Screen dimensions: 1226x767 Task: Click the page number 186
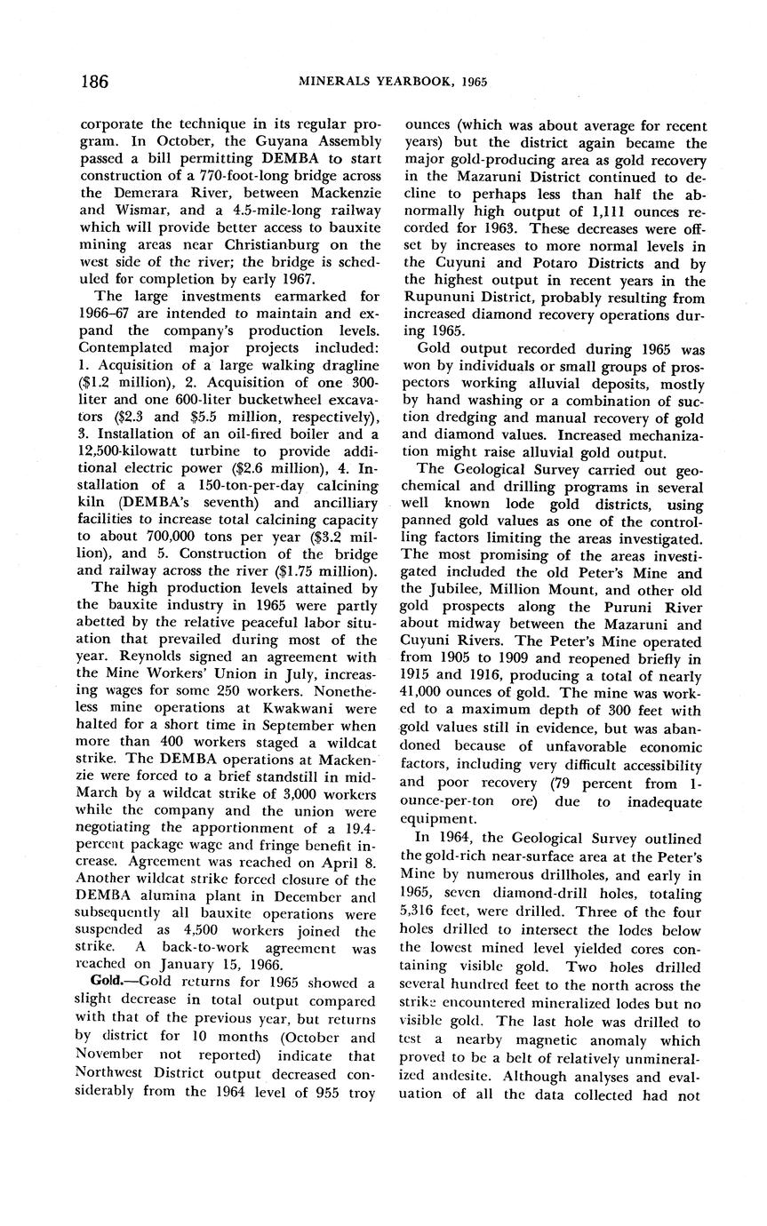point(93,82)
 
